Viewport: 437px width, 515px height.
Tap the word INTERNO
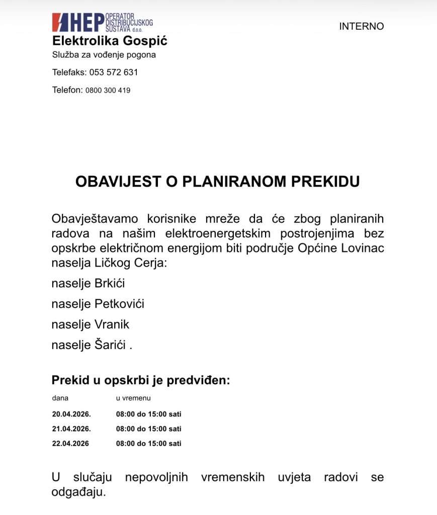[361, 26]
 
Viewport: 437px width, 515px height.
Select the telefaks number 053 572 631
[114, 72]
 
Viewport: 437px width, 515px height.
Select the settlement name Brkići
[110, 283]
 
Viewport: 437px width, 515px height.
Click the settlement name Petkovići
[119, 304]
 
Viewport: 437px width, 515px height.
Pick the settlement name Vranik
[112, 324]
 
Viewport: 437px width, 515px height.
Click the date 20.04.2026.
[71, 414]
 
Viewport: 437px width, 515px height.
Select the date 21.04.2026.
[71, 429]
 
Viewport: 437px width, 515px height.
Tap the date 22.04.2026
[70, 444]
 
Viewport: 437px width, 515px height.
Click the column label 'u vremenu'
[133, 398]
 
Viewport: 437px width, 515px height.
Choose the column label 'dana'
[60, 398]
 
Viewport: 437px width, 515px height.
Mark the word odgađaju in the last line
[78, 491]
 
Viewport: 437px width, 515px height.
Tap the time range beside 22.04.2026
[148, 444]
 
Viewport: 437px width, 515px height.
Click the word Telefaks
[69, 72]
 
